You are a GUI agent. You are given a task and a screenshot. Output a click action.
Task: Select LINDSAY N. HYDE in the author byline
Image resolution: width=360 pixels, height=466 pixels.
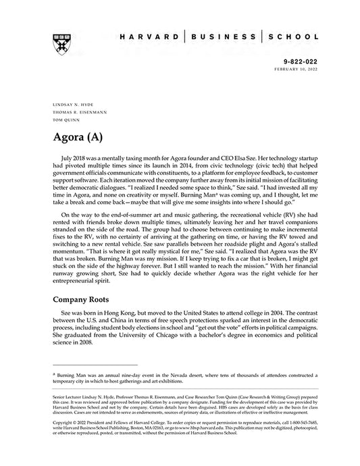click(70, 105)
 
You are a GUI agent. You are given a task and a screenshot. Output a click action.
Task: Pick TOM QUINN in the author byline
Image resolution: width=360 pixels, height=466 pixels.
click(63, 120)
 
